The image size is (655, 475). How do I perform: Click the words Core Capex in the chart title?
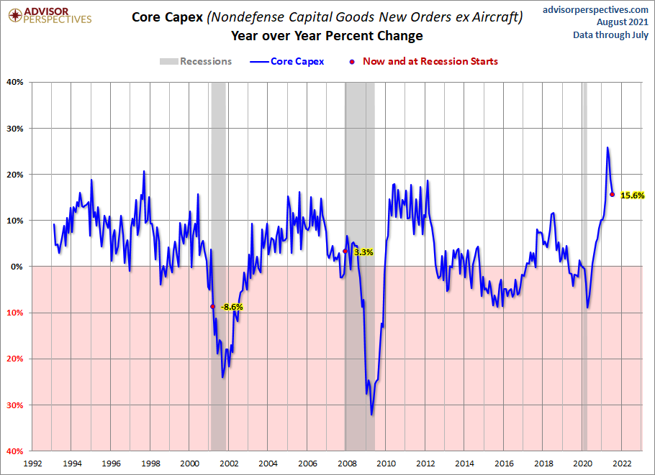pos(167,17)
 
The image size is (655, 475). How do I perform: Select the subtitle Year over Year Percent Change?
pos(327,36)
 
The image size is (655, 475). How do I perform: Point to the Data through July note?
pos(610,34)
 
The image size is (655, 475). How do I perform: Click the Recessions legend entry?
pos(196,61)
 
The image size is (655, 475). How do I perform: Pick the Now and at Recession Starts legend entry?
pos(425,61)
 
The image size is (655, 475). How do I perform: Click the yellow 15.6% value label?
pos(633,195)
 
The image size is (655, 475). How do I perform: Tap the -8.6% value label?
pos(231,307)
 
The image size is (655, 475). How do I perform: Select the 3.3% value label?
pos(363,252)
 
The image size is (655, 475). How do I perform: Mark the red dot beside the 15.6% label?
pos(612,194)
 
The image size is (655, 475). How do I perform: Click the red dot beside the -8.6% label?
pos(212,306)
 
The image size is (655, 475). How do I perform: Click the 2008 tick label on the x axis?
pos(347,464)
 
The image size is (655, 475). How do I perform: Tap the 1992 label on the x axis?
pos(32,464)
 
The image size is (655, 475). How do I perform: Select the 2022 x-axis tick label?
pos(623,464)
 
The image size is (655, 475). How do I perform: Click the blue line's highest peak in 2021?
pos(607,147)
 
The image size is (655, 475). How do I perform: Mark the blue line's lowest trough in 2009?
pos(371,415)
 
